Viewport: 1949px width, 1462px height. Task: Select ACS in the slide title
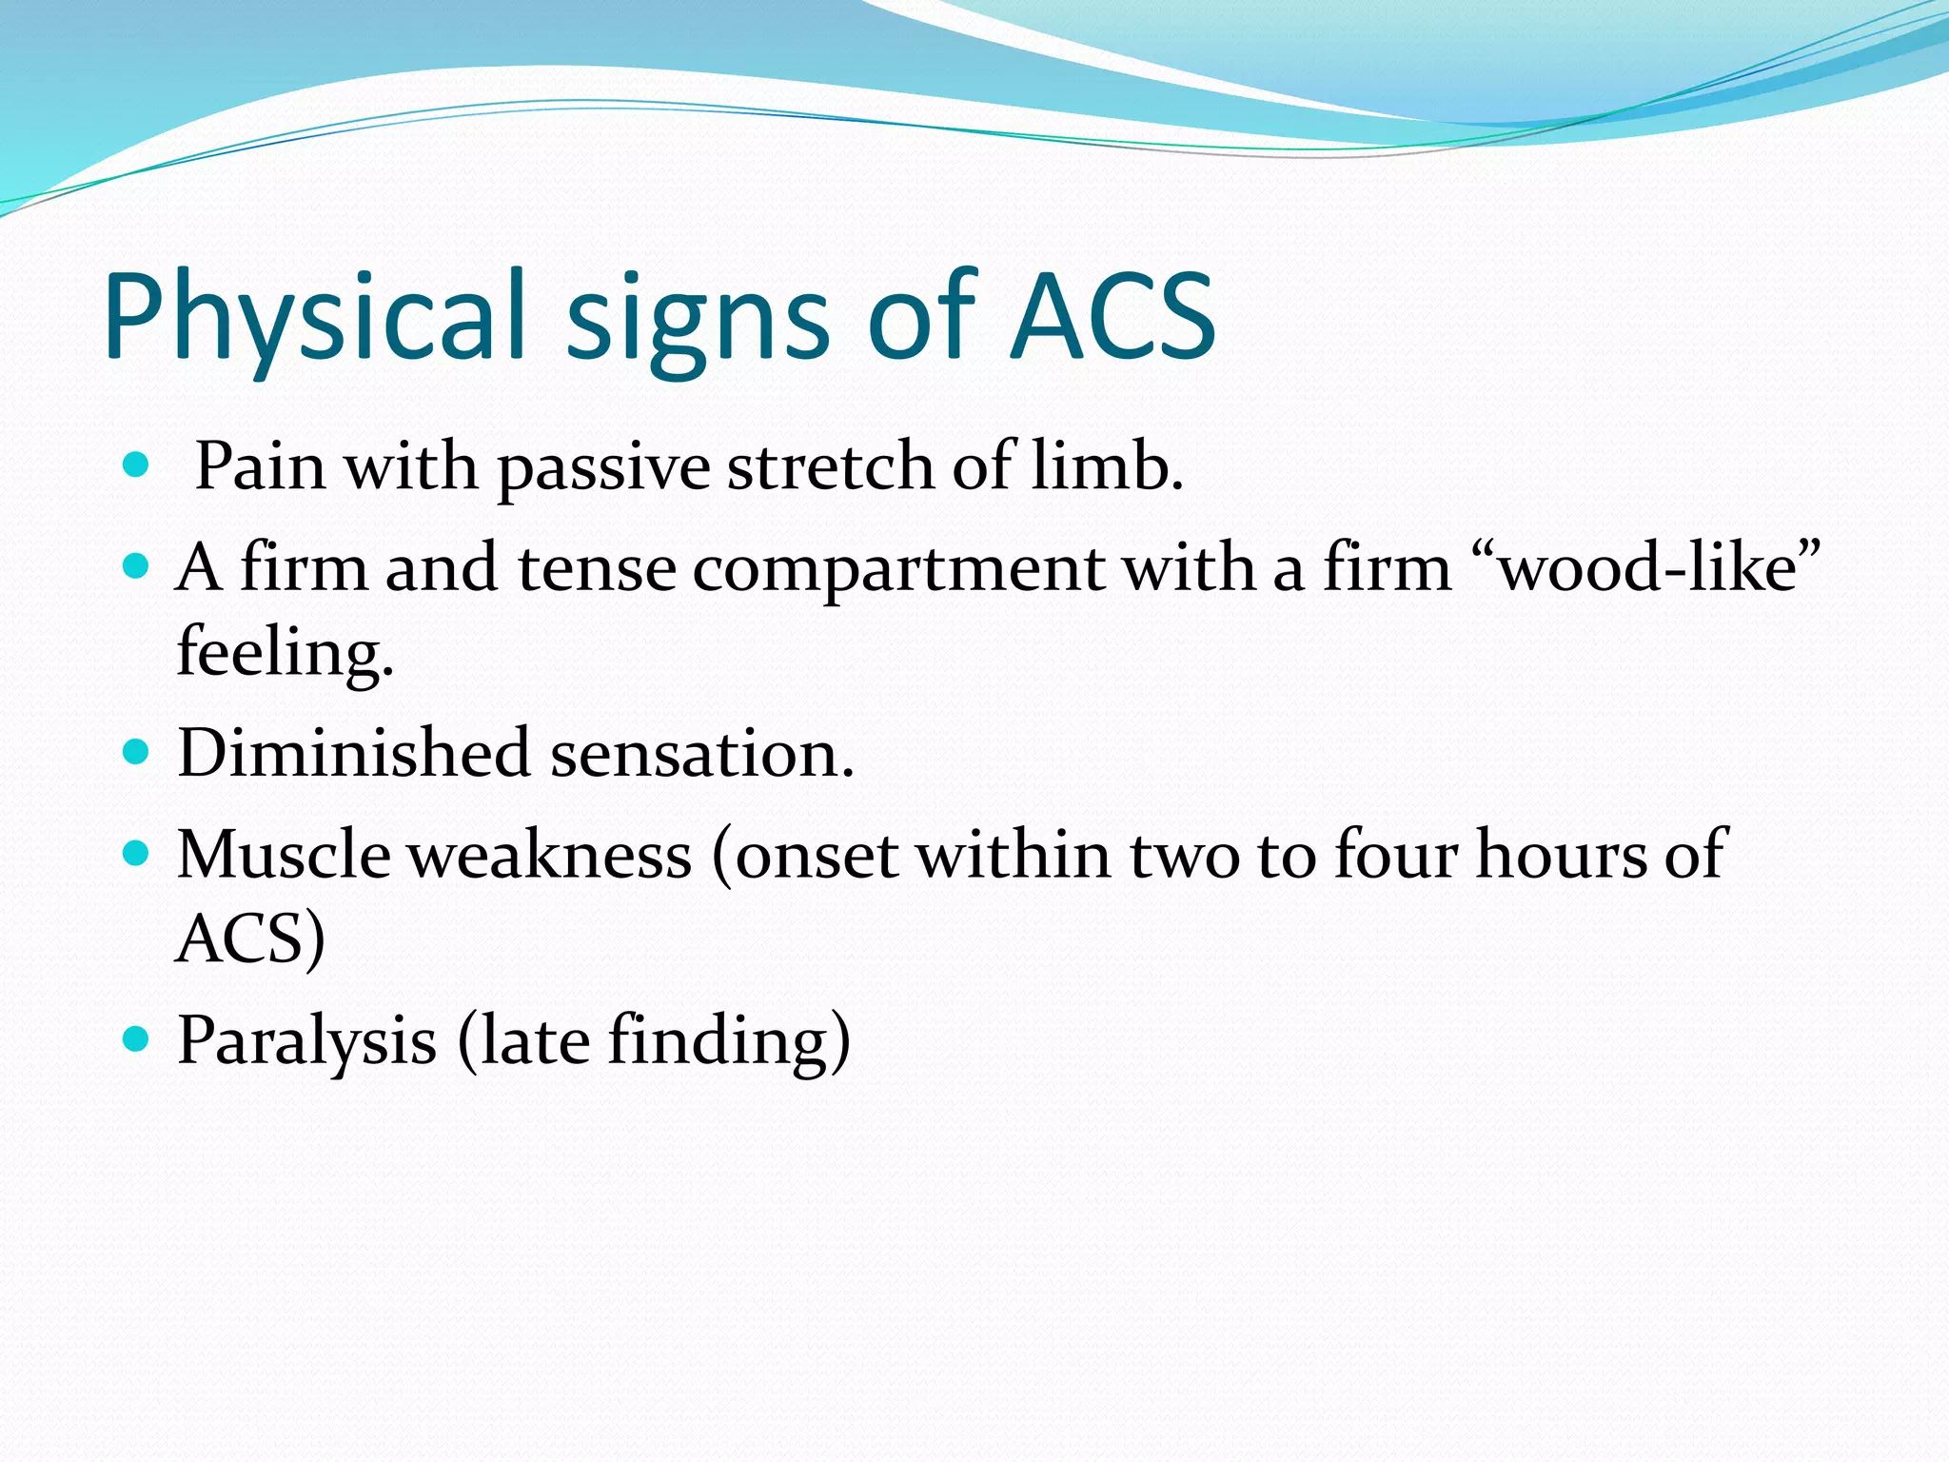pos(1112,317)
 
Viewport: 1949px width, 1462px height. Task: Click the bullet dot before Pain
pos(137,465)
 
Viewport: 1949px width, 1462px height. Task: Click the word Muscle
pos(284,854)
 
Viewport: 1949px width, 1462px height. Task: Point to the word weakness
pos(550,854)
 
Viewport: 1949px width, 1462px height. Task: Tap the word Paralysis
pos(306,1041)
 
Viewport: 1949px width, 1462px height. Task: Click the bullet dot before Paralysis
pos(137,1038)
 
